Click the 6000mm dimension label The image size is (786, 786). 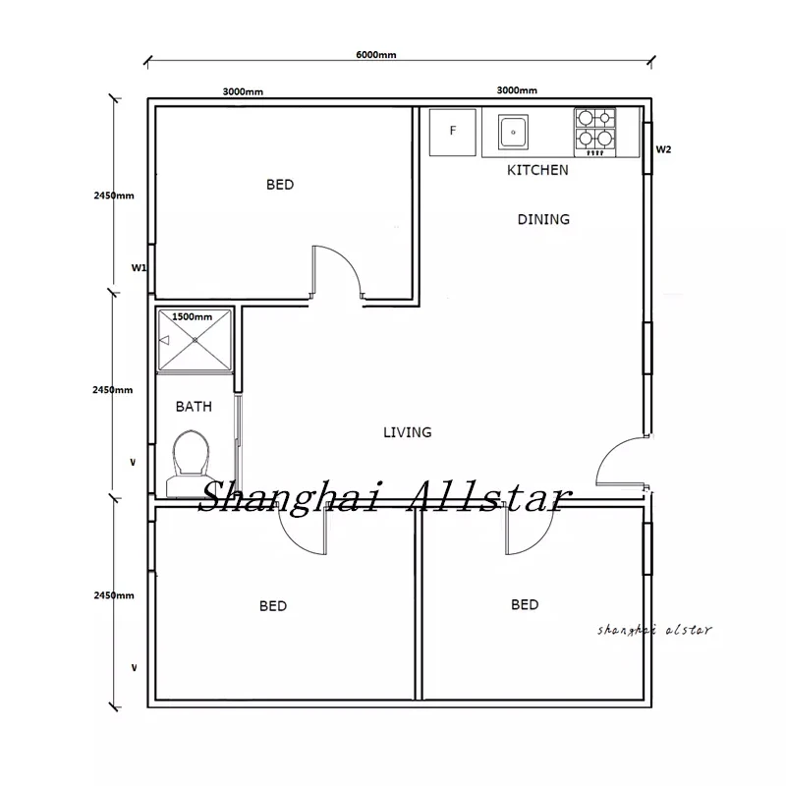coord(376,55)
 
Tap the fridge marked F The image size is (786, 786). coord(453,133)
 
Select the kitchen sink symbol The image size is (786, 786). coord(513,133)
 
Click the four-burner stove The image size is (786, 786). coord(595,133)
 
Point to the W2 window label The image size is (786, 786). coord(663,149)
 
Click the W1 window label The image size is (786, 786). coord(139,267)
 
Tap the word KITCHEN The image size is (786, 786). coord(537,170)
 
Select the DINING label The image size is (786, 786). coord(543,219)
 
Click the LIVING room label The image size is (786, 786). coord(407,432)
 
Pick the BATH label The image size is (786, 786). coord(194,407)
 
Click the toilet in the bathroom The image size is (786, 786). coord(190,464)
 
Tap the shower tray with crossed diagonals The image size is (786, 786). coord(195,340)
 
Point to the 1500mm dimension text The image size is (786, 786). coord(192,316)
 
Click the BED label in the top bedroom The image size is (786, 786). coord(280,185)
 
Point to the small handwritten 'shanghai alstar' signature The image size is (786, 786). coord(654,630)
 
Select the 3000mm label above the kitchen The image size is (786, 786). coord(517,90)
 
